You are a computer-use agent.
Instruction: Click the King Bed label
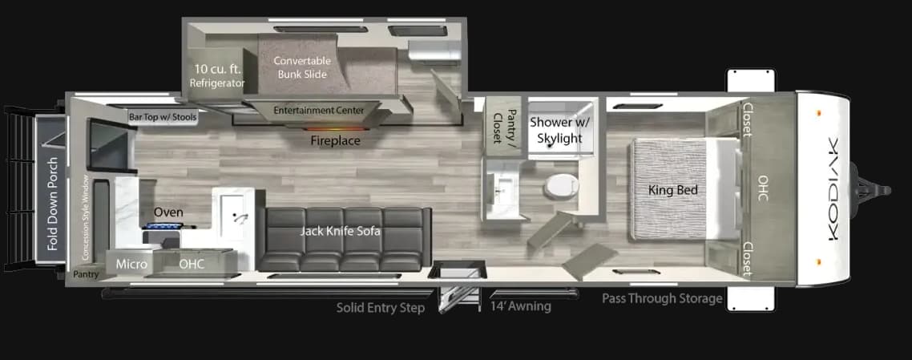click(x=673, y=190)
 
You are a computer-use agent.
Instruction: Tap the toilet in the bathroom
click(x=559, y=186)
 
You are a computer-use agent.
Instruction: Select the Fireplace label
click(x=335, y=141)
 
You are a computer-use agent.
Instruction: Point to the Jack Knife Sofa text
click(x=341, y=231)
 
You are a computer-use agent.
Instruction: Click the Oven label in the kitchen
click(x=168, y=212)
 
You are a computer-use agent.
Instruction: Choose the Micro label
click(x=131, y=264)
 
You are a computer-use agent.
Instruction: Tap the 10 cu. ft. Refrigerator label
click(x=217, y=76)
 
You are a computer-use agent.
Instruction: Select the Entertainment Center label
click(x=319, y=111)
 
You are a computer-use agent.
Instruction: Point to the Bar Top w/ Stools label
click(x=163, y=118)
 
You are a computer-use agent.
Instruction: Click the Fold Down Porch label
click(x=53, y=204)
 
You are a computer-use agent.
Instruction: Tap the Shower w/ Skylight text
click(x=555, y=130)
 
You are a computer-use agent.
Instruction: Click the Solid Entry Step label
click(x=381, y=308)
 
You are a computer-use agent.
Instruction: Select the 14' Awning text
click(x=521, y=306)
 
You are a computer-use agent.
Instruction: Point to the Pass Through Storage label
click(x=662, y=299)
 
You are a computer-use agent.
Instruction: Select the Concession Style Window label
click(x=86, y=218)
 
